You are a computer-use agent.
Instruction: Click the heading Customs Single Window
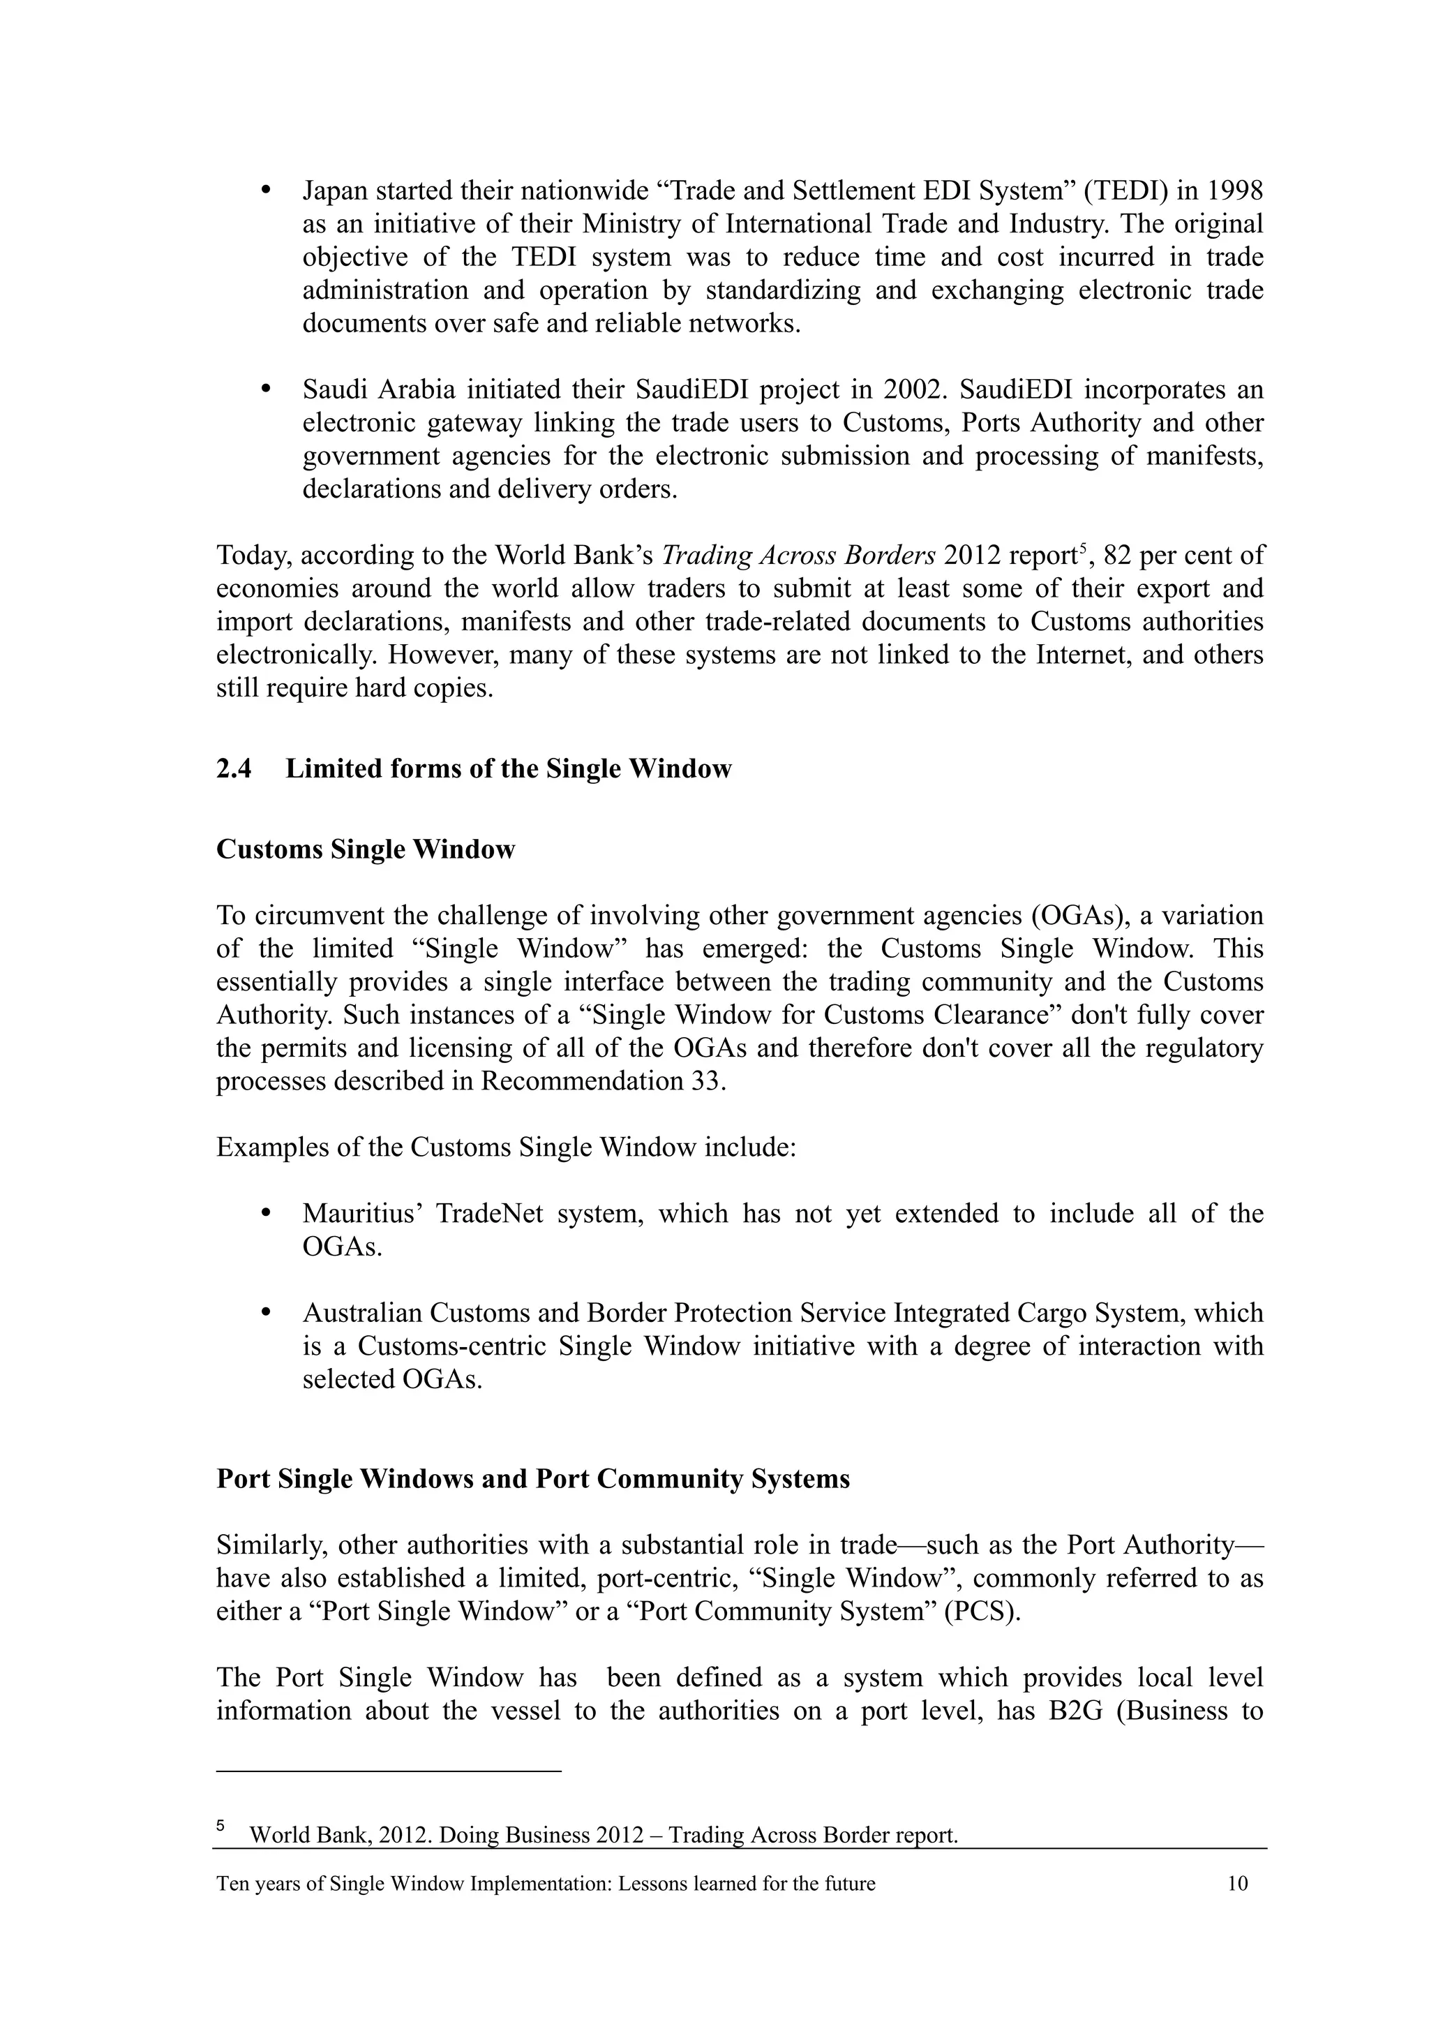(x=366, y=850)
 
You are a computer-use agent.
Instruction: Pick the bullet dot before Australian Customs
(x=266, y=1312)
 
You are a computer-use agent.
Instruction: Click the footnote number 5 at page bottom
(x=221, y=1827)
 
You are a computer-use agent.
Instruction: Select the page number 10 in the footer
(x=1237, y=1884)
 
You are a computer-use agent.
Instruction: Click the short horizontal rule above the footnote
(x=388, y=1770)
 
